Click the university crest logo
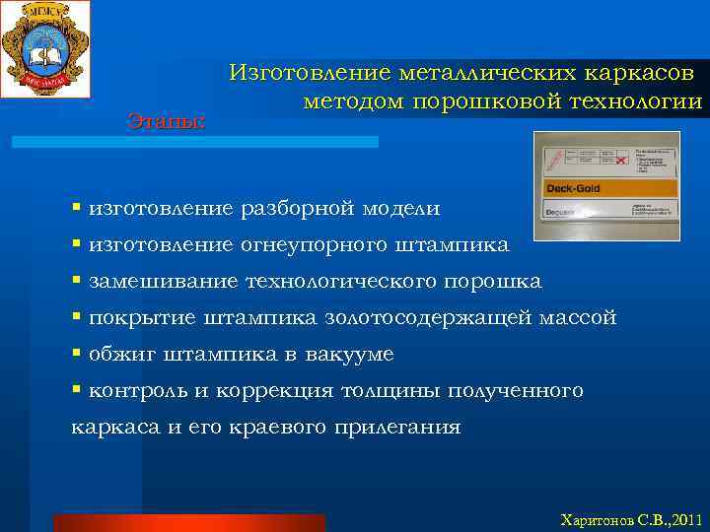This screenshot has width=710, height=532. coord(44,48)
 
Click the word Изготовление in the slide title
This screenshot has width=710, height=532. coord(309,73)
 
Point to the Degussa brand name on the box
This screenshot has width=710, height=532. coord(564,210)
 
